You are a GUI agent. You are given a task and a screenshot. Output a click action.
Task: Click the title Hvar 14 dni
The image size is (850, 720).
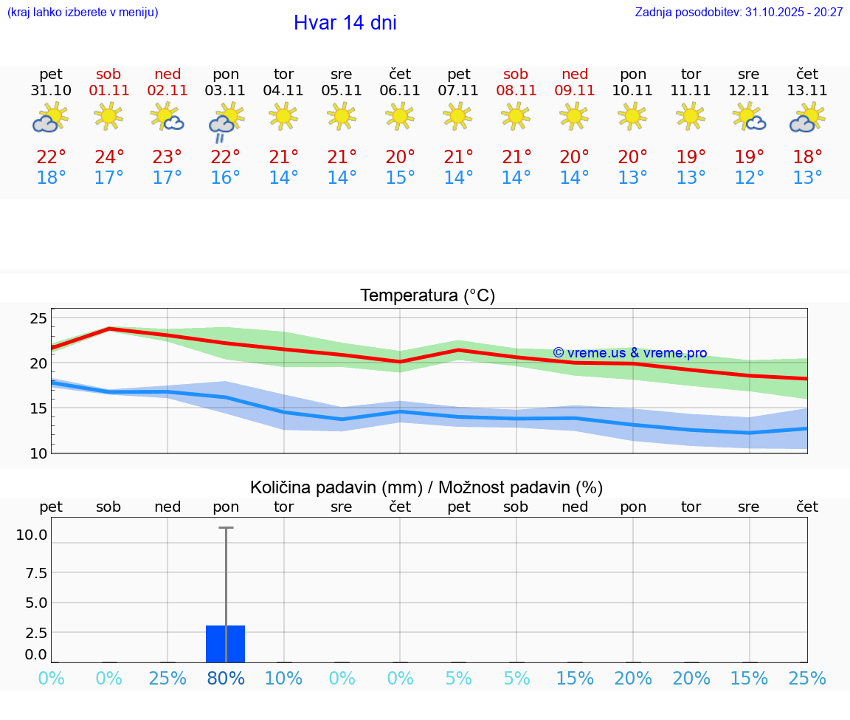(345, 23)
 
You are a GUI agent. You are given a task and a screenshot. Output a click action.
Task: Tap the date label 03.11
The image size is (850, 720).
(226, 91)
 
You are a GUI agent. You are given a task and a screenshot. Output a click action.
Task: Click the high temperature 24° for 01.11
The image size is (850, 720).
(109, 157)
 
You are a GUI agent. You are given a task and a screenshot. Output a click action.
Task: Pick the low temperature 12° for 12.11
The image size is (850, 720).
(749, 178)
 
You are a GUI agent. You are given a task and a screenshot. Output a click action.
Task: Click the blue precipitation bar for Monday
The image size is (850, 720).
(226, 644)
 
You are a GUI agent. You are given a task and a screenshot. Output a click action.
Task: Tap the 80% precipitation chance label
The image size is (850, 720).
(226, 679)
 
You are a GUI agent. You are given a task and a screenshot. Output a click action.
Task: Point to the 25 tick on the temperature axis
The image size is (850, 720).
(38, 318)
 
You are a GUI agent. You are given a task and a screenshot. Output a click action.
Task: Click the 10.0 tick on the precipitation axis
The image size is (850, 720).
(32, 535)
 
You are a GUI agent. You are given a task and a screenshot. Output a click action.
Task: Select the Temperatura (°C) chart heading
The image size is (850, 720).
(427, 296)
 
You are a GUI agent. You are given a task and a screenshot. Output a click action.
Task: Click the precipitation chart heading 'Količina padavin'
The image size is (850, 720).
(426, 487)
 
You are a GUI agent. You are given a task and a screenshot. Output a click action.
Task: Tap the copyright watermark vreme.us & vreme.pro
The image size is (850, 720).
(630, 353)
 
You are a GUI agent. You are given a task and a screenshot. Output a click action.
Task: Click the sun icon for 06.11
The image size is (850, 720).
(400, 116)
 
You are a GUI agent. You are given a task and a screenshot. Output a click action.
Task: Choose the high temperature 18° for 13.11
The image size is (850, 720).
(807, 157)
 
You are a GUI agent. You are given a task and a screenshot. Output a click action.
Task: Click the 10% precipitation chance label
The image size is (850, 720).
(284, 679)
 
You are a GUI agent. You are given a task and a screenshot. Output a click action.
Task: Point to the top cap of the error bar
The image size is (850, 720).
(226, 528)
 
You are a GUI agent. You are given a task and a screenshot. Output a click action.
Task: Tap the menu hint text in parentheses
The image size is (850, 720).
(83, 13)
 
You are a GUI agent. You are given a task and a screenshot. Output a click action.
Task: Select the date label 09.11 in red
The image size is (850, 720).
(575, 91)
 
